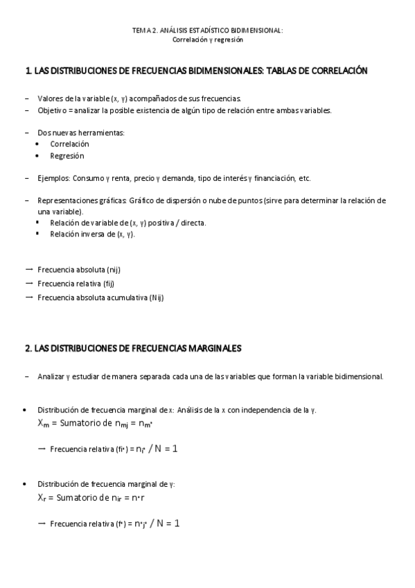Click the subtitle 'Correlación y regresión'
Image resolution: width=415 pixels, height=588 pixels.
pyautogui.click(x=207, y=40)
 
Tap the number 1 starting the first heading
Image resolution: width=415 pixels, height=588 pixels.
pyautogui.click(x=27, y=71)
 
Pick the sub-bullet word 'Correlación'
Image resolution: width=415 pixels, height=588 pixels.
pyautogui.click(x=69, y=144)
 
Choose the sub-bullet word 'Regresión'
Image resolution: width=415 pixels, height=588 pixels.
pyautogui.click(x=67, y=156)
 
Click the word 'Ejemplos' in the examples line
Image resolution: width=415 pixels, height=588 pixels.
pyautogui.click(x=53, y=178)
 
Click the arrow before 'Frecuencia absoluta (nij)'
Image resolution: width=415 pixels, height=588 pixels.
pyautogui.click(x=29, y=268)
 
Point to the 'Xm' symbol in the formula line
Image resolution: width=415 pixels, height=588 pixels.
pyautogui.click(x=43, y=422)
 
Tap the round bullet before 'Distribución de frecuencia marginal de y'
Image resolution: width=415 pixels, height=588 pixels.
pyautogui.click(x=26, y=483)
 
